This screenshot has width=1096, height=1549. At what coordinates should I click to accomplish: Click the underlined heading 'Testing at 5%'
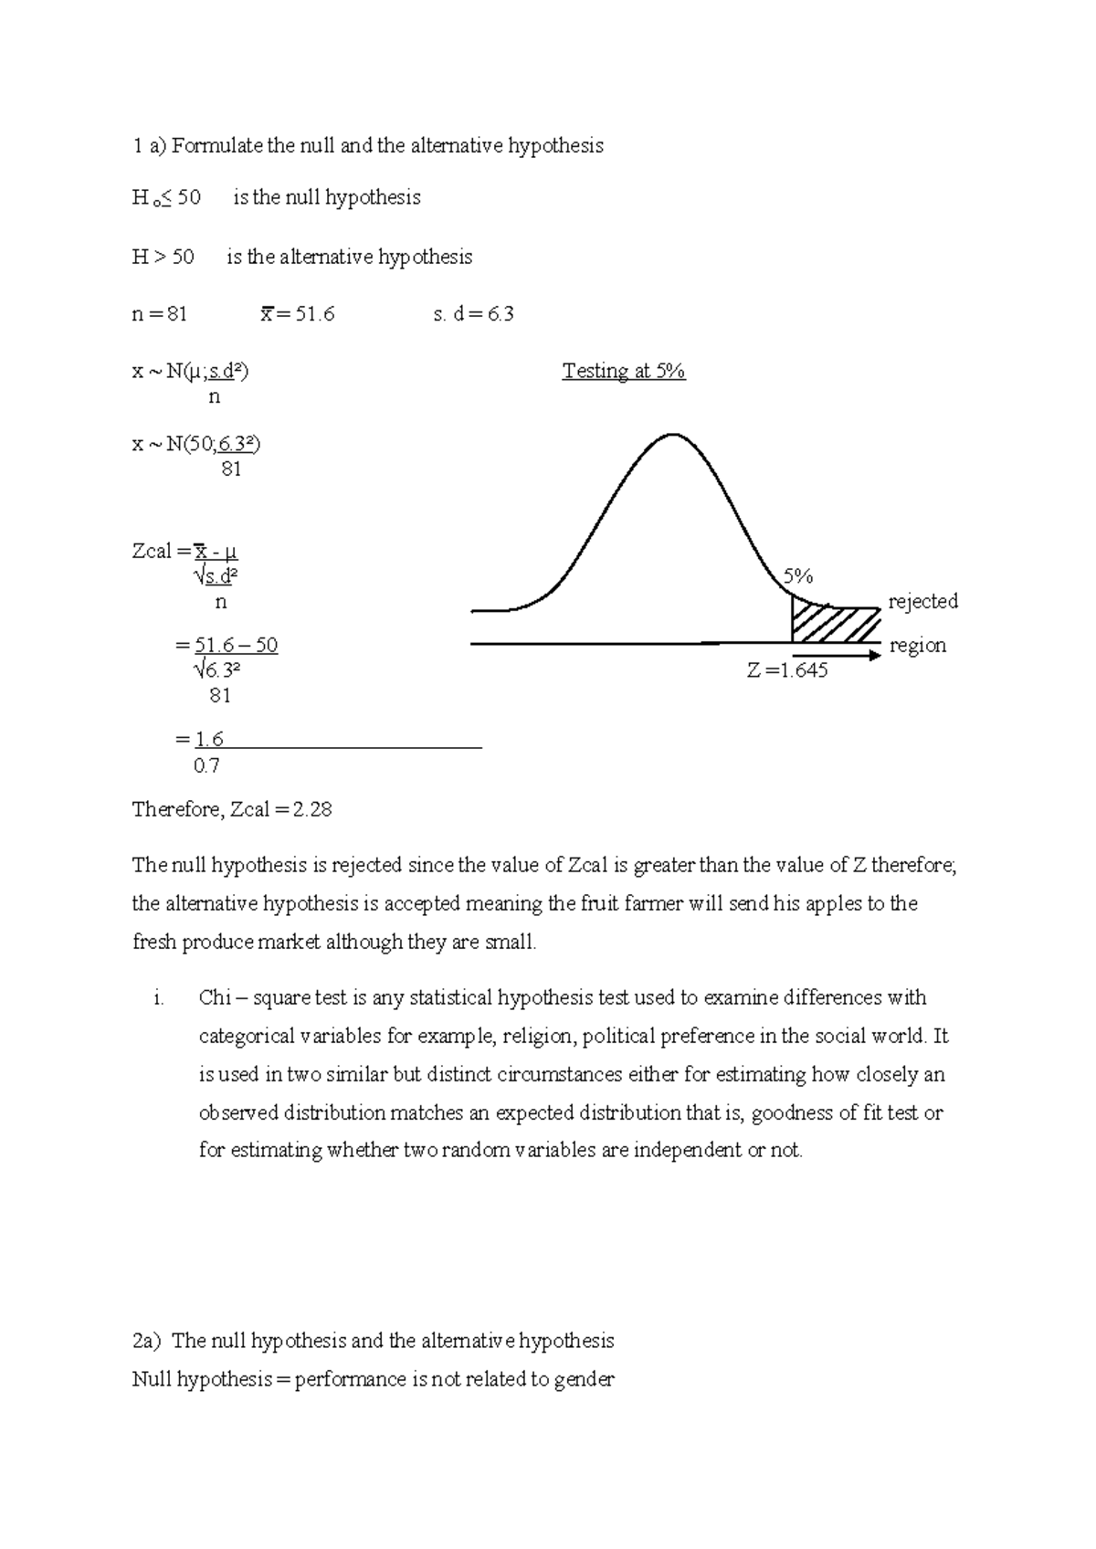coord(624,372)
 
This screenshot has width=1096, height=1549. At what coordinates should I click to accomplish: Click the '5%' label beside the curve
coord(797,576)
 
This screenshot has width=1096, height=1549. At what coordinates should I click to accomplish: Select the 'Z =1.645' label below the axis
coord(787,671)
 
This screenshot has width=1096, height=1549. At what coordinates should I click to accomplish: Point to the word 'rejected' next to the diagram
coord(922,602)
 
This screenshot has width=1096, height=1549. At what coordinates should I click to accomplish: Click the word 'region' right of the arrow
coord(918,646)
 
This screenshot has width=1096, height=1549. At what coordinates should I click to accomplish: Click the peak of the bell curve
coord(673,436)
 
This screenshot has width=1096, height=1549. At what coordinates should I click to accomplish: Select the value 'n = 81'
coord(160,314)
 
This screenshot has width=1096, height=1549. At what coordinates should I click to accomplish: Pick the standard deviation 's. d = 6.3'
coord(473,314)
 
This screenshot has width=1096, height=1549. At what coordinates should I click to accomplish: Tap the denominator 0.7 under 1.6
coord(206,766)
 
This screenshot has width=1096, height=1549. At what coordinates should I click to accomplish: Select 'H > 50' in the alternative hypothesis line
coord(163,258)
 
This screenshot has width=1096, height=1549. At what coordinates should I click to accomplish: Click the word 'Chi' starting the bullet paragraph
coord(215,998)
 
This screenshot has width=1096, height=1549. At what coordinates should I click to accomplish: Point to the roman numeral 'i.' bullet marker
coord(159,998)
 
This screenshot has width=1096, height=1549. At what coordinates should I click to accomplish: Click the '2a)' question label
coord(146,1342)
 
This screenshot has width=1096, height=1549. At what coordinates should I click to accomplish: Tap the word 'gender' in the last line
coord(584,1380)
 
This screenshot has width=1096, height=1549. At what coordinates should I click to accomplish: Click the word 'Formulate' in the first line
coord(216,146)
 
